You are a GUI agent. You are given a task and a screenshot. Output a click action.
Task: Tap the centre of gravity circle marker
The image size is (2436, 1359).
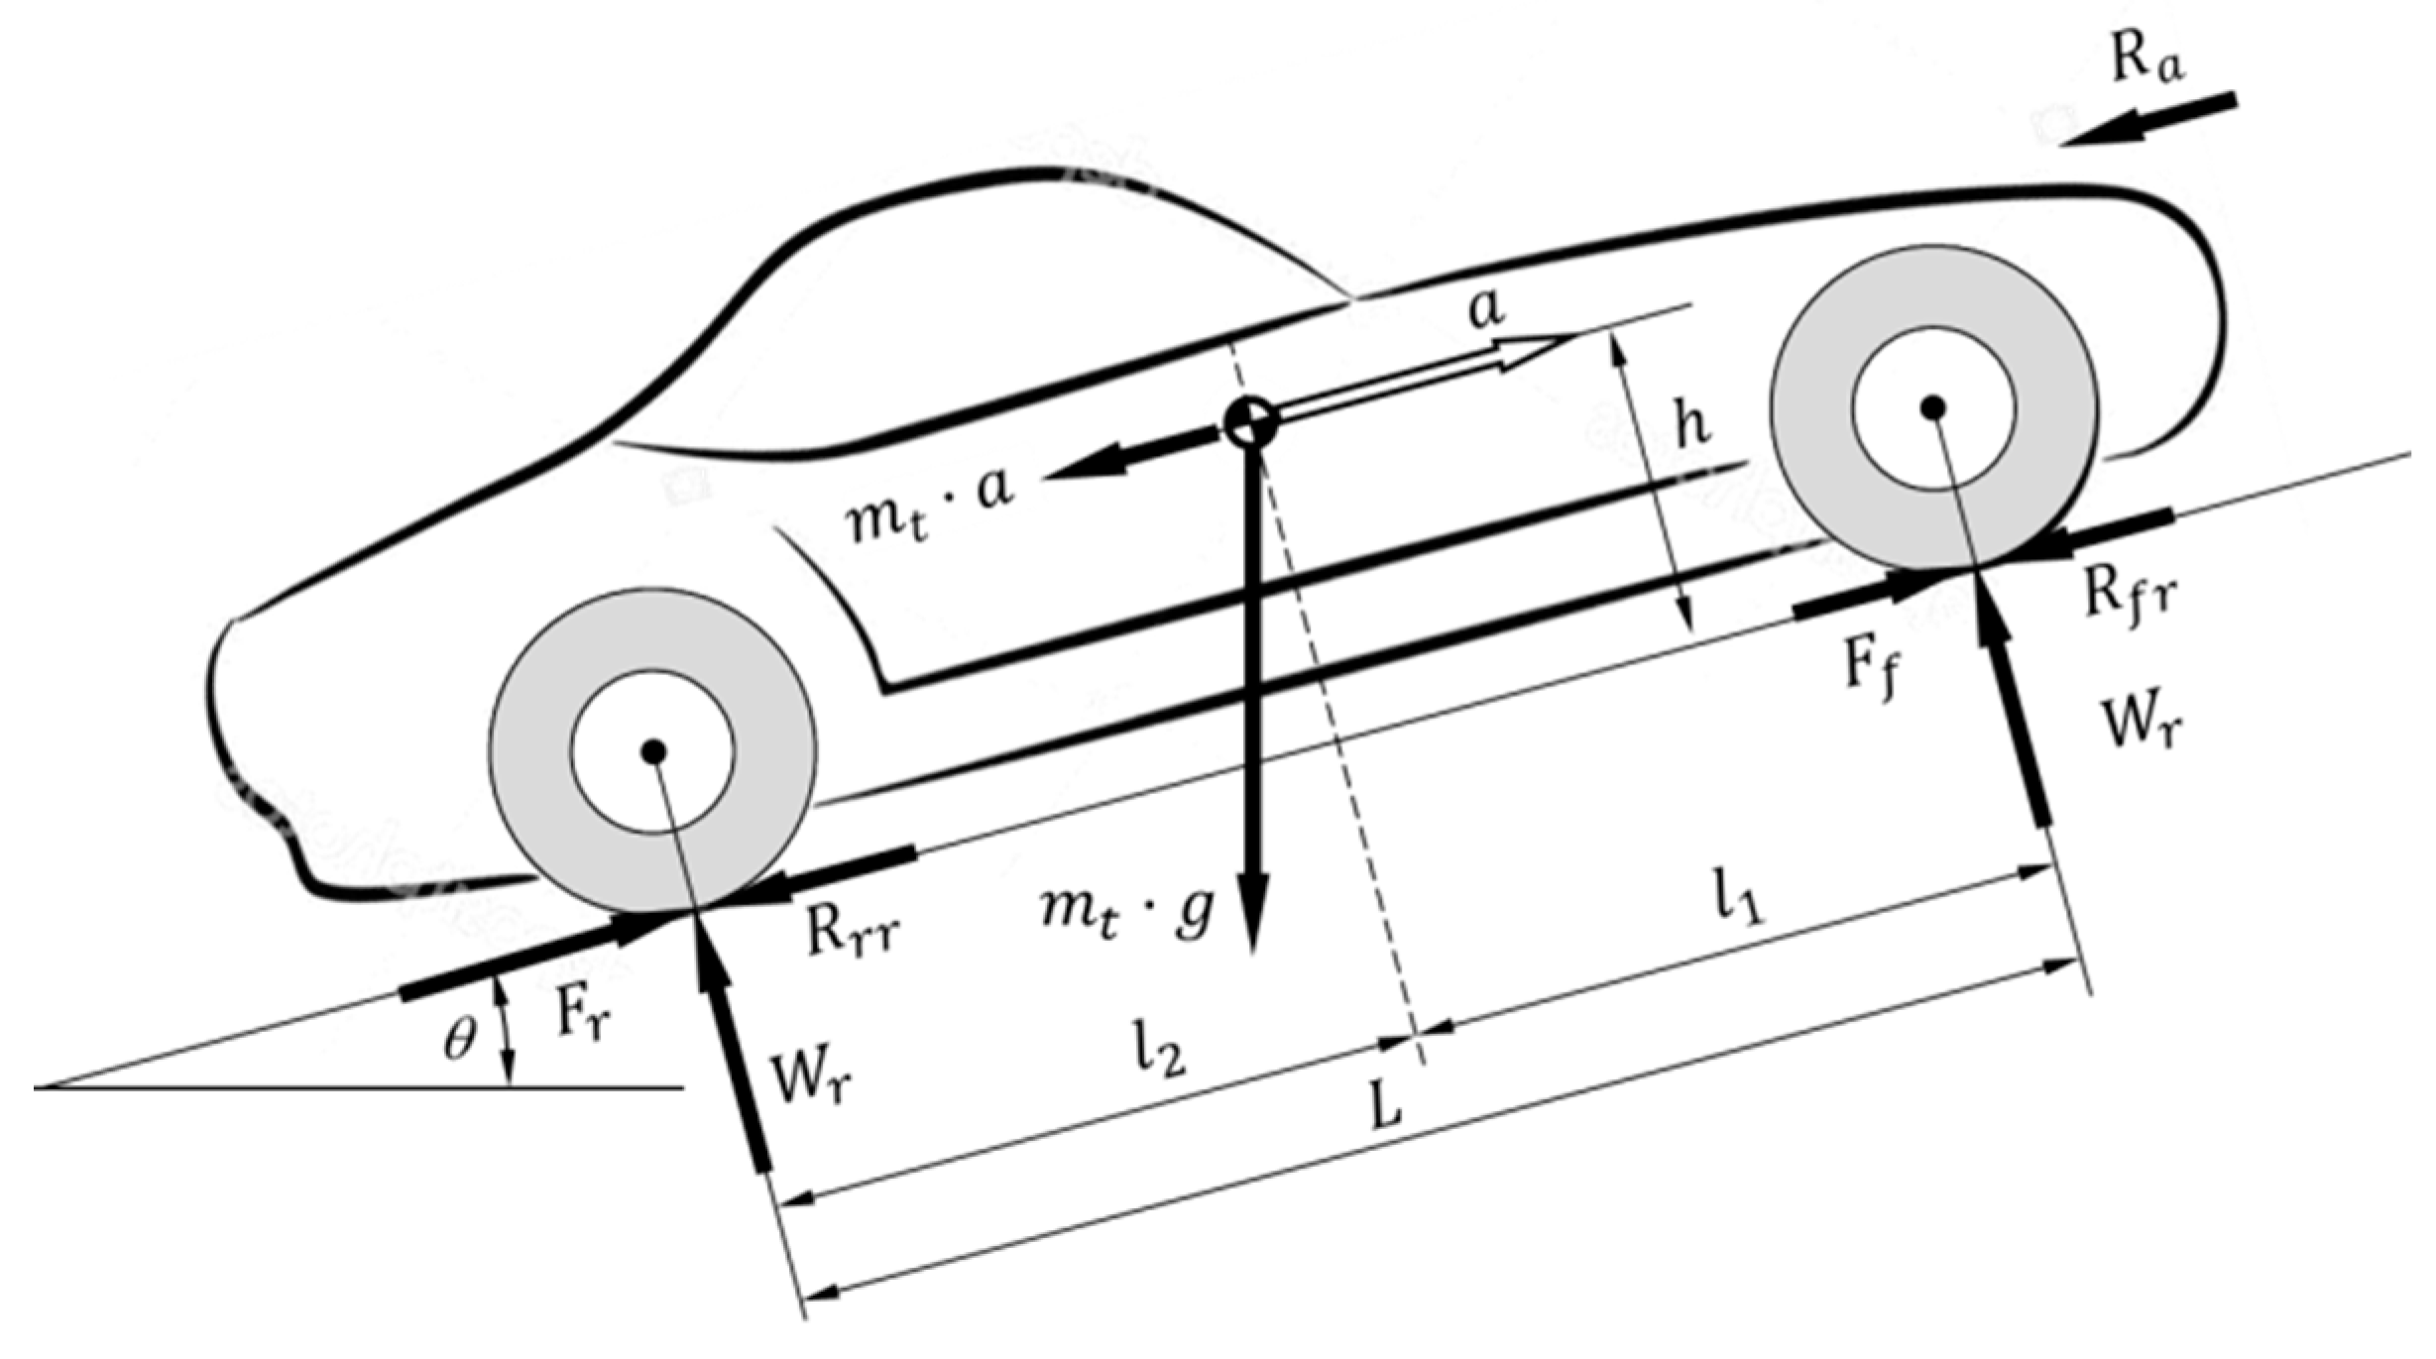1250,422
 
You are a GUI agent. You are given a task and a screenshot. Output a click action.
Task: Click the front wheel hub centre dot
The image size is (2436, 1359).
1933,407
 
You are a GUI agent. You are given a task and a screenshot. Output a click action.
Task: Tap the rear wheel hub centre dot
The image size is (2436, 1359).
652,752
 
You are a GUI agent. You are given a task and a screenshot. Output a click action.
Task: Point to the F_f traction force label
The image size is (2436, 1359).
1874,669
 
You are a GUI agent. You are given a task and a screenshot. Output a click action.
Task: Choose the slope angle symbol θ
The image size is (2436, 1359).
459,1041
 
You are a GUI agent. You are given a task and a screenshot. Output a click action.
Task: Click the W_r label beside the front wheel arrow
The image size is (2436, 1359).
2142,724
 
